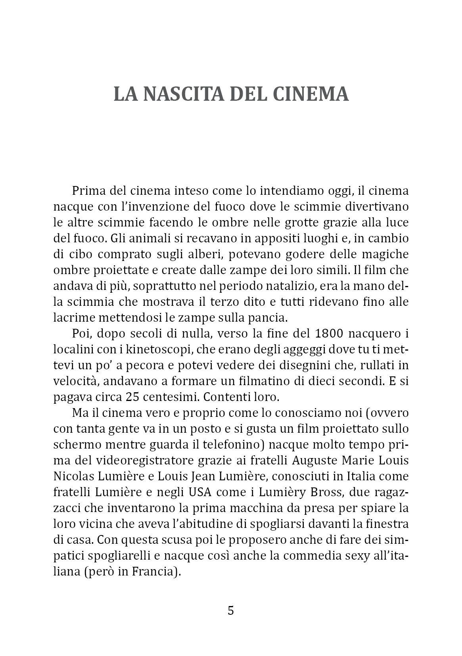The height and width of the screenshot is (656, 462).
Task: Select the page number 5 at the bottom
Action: [231, 610]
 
